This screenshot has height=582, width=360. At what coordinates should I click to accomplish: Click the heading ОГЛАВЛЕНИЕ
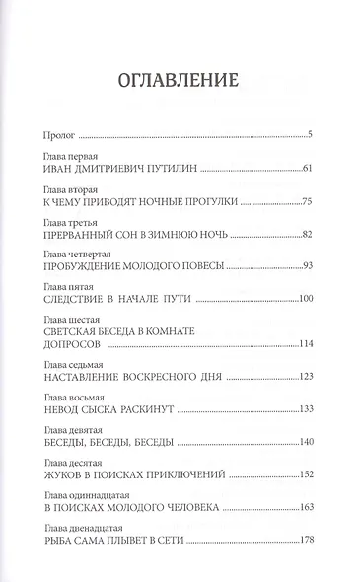pos(180,82)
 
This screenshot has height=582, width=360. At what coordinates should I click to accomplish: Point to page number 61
pos(306,170)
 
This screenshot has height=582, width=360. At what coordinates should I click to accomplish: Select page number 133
pos(304,409)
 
